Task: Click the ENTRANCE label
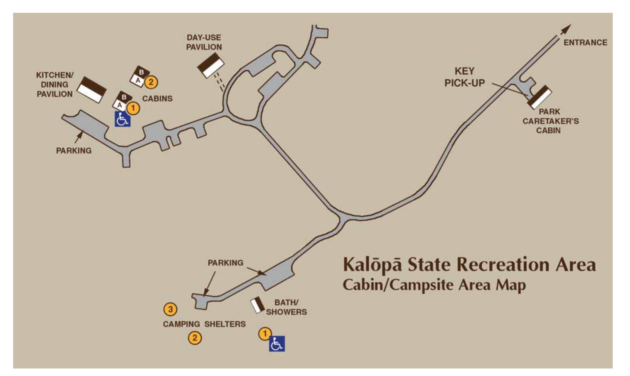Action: point(585,43)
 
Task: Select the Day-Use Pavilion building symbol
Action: point(211,65)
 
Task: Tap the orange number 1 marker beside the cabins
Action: point(133,108)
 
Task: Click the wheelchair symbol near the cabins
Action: point(122,119)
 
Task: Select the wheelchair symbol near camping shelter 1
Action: point(277,344)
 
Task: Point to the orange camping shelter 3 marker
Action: point(170,309)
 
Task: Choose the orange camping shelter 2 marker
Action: point(195,338)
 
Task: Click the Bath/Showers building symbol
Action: point(257,305)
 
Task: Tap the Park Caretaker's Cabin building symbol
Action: point(540,97)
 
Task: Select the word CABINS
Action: point(157,98)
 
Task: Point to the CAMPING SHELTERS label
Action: point(204,324)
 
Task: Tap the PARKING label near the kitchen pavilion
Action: point(74,151)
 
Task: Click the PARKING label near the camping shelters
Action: point(225,263)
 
